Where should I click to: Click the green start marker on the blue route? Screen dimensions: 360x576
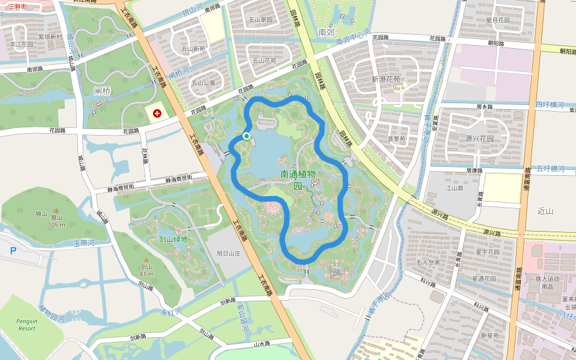click(246, 136)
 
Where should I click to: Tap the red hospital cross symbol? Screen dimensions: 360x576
click(157, 113)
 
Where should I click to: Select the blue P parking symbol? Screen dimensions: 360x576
click(13, 251)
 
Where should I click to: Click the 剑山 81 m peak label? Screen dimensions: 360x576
click(147, 270)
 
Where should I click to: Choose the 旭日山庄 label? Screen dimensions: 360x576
click(228, 253)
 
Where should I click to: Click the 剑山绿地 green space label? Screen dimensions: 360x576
click(173, 239)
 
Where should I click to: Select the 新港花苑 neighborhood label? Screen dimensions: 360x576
click(386, 79)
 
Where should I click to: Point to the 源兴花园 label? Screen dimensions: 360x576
click(478, 139)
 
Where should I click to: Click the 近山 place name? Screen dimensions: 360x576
click(545, 211)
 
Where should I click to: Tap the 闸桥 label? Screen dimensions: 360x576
click(103, 91)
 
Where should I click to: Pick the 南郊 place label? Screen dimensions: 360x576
click(326, 32)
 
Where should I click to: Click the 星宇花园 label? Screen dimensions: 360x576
click(487, 251)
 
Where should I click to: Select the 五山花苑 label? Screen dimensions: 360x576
click(264, 61)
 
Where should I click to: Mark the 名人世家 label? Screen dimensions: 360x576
click(428, 262)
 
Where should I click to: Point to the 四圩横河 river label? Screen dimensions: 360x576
click(550, 105)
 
